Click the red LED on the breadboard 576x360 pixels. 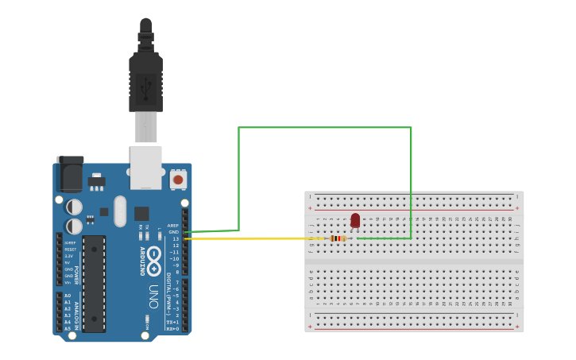coord(355,220)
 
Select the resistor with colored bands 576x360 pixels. coord(338,238)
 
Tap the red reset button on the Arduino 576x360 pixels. coord(178,180)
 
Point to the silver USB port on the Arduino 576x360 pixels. coord(145,167)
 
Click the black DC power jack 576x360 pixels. coord(70,174)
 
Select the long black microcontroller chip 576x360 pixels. coord(94,284)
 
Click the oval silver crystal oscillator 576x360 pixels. coord(120,211)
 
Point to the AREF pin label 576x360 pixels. coord(173,225)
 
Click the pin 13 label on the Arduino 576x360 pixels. coord(176,238)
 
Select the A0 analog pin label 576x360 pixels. coord(67,296)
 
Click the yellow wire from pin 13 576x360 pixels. coord(254,238)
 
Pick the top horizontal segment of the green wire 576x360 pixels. coord(324,127)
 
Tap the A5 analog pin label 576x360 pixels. coord(67,327)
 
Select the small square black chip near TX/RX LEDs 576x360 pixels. coord(141,213)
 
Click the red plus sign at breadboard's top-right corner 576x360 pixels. coord(517,208)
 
